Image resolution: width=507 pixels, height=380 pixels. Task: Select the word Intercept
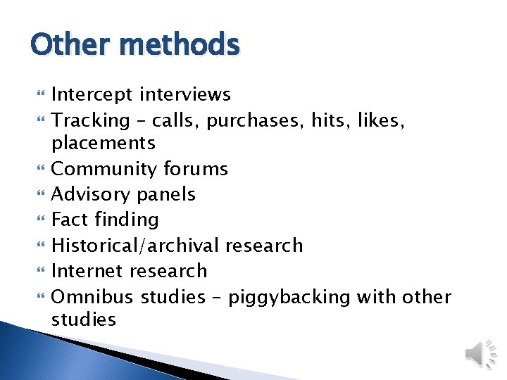pyautogui.click(x=93, y=94)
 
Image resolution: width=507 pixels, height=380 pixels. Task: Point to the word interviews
pyautogui.click(x=185, y=94)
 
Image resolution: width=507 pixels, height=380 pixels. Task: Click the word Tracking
pyautogui.click(x=91, y=120)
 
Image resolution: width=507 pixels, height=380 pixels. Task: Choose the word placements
pyautogui.click(x=104, y=143)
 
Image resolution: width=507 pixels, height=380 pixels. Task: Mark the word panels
pyautogui.click(x=170, y=195)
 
